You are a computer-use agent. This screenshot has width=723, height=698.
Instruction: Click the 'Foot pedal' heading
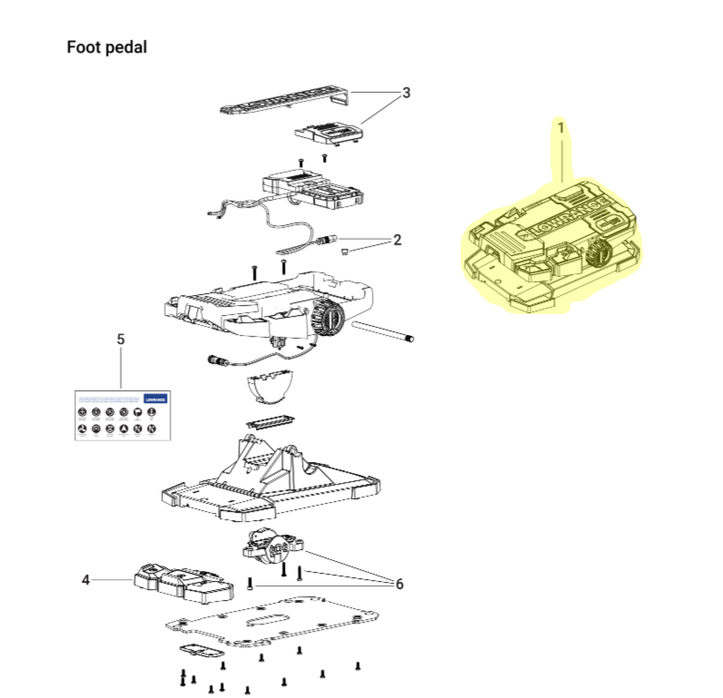coord(106,47)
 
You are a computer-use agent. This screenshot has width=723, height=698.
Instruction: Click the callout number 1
coord(561,128)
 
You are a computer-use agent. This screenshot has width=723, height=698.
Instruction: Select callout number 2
coord(397,240)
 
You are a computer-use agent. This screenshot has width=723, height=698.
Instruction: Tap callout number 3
coord(406,93)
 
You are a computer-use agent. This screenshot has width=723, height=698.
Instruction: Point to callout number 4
coord(86,579)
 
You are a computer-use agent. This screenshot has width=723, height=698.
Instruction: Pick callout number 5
coord(121,339)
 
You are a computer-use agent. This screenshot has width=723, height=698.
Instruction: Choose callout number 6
coord(398,584)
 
